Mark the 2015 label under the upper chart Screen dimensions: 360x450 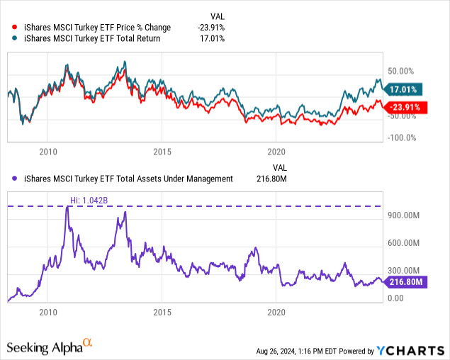163,151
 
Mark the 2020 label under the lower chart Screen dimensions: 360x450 277,312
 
